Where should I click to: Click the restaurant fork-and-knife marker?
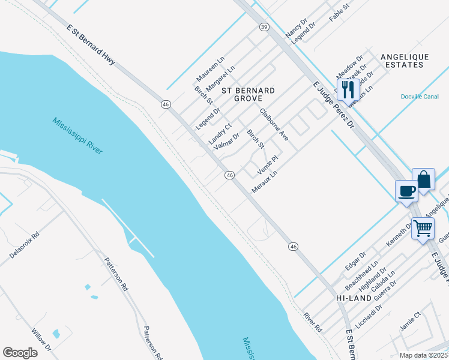point(348,90)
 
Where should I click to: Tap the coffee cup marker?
point(406,191)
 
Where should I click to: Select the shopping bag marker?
point(423,179)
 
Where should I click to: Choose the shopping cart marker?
point(423,228)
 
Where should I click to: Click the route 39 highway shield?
point(264,27)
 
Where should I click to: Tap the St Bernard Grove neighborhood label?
point(249,94)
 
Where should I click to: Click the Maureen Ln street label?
point(209,70)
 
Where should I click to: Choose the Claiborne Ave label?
point(274,125)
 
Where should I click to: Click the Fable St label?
point(339,13)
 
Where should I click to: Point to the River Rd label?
point(313,322)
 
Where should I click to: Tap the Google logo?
point(20,353)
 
